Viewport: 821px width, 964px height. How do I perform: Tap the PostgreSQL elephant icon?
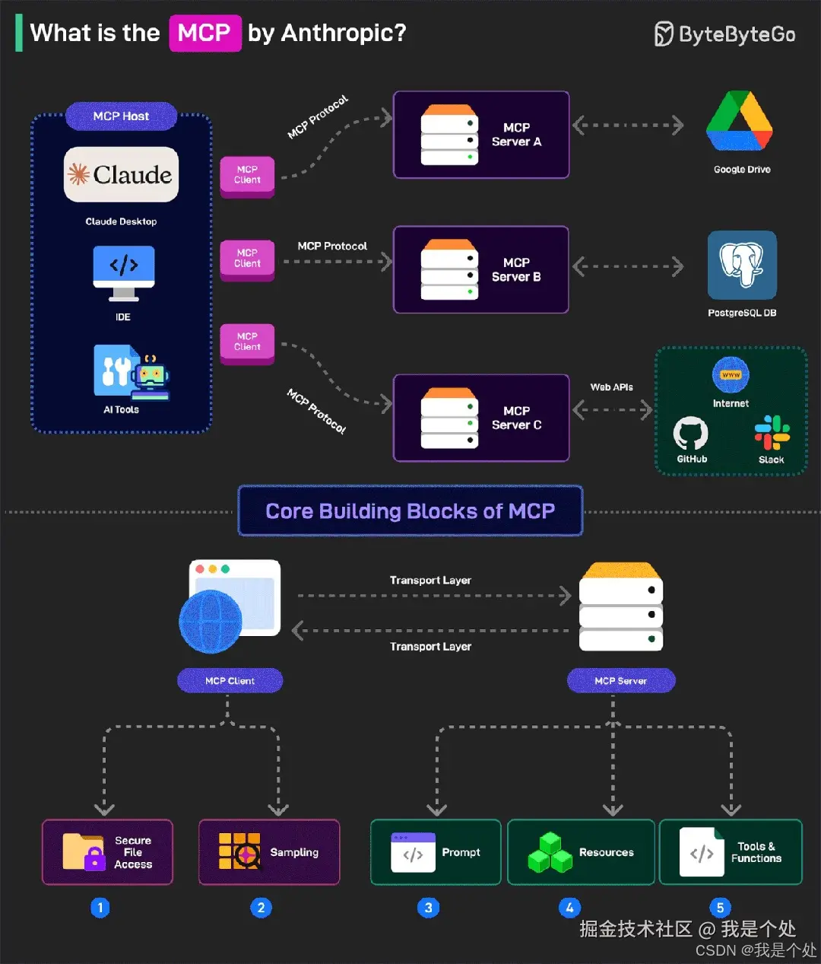point(742,265)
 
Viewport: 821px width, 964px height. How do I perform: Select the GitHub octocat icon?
point(690,433)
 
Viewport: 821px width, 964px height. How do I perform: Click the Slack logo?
point(772,432)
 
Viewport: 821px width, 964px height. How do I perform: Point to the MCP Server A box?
point(480,135)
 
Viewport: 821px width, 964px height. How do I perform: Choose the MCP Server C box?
point(480,418)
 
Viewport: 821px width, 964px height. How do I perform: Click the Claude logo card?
point(121,174)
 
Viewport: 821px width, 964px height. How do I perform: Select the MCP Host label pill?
point(121,116)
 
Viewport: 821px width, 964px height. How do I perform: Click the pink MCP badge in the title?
point(204,33)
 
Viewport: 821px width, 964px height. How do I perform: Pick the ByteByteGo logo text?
point(725,34)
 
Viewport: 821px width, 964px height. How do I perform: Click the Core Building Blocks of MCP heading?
point(410,511)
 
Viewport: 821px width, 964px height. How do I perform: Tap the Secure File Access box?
point(107,852)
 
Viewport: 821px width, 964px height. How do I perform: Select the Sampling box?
point(268,852)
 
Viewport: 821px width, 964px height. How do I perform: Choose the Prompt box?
point(435,852)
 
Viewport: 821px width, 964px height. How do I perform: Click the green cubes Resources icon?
point(550,853)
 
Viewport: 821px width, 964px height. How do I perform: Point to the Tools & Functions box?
point(730,852)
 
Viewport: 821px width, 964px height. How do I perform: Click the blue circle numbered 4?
point(569,907)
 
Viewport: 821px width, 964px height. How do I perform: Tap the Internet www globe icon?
point(731,374)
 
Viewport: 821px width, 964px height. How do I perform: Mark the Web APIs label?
point(611,387)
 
